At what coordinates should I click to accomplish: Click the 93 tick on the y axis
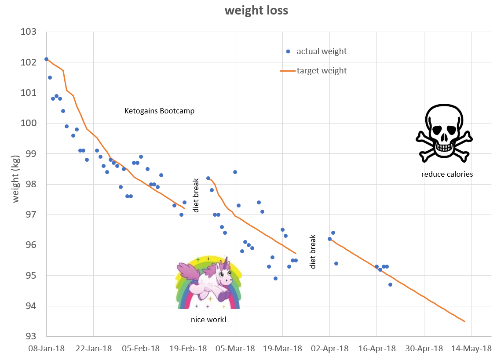click(x=30, y=337)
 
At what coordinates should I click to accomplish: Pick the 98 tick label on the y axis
click(x=30, y=184)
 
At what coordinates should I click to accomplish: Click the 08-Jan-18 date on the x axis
click(x=46, y=349)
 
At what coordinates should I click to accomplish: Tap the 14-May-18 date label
click(x=471, y=349)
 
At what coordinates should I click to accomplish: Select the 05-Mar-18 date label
click(x=235, y=349)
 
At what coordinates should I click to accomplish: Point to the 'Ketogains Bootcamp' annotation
click(x=160, y=111)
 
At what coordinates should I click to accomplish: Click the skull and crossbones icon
click(x=444, y=133)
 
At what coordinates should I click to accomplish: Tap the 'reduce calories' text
click(x=447, y=174)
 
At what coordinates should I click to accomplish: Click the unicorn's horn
click(x=227, y=262)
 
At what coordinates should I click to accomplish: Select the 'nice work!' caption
click(x=208, y=320)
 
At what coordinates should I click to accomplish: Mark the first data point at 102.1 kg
click(x=46, y=59)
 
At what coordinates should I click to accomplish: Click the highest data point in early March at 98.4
click(x=235, y=172)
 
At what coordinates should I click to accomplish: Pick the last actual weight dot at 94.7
click(x=390, y=284)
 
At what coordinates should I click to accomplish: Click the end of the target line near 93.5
click(x=464, y=321)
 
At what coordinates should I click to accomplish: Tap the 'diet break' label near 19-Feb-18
click(x=196, y=195)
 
